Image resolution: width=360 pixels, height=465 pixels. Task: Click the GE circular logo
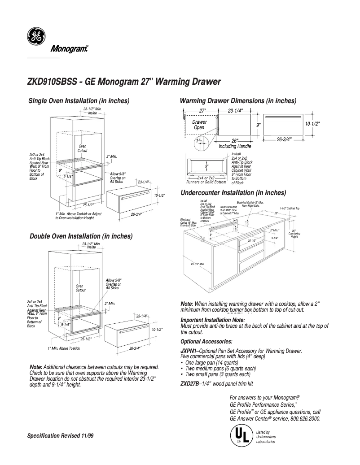pos(35,37)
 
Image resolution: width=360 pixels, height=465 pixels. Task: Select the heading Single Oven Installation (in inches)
pos(79,100)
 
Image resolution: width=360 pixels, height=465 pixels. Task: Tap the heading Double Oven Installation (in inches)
pos(81,236)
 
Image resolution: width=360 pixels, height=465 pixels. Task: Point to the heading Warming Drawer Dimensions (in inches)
pos(238,101)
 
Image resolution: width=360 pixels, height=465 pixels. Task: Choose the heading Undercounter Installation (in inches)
pos(233,193)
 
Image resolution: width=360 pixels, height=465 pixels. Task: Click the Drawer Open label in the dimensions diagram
pos(199,125)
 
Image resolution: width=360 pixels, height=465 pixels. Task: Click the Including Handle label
pos(235,146)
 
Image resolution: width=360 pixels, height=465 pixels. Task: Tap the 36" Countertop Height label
pos(294,234)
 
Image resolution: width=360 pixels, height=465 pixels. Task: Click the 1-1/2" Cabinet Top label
pos(289,209)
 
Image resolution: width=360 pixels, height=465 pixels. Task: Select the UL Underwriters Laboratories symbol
pos(240,436)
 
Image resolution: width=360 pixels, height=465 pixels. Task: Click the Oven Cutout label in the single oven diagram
pos(83,148)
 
